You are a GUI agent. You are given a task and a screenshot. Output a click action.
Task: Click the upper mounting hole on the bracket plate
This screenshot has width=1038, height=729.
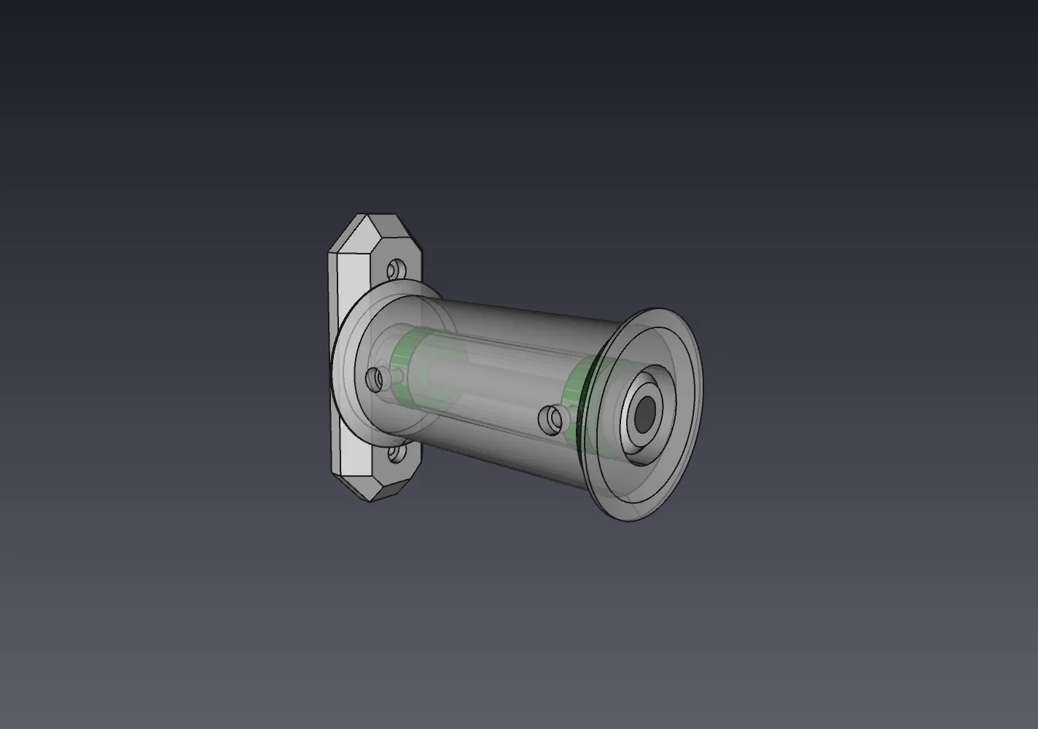tap(396, 270)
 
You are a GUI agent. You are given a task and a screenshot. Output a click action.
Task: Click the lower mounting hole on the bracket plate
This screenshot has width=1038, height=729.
tap(396, 455)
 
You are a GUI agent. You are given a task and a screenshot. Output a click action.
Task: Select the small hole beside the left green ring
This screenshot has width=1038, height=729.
tap(375, 378)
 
